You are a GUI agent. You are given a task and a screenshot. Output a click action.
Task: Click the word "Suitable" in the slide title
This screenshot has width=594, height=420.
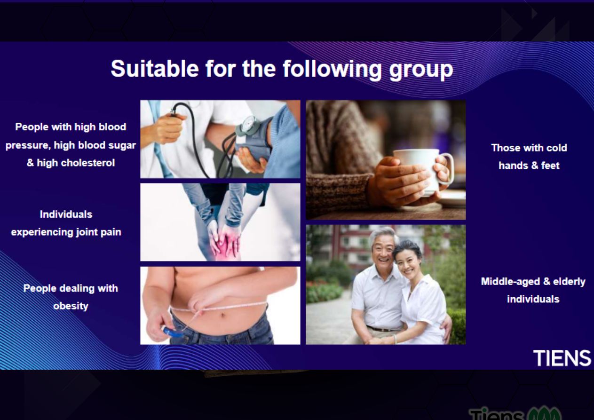pos(155,68)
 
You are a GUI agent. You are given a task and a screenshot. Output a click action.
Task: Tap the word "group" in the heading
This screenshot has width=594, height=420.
pos(421,70)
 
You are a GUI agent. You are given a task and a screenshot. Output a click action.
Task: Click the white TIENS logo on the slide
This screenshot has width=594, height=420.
pos(562,358)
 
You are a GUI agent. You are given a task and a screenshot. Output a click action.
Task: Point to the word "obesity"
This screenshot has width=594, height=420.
pos(71,306)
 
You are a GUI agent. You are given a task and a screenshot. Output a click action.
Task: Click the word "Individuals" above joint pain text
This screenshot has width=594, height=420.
pos(66,214)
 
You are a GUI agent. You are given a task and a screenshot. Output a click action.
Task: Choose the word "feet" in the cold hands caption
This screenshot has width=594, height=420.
pos(550,166)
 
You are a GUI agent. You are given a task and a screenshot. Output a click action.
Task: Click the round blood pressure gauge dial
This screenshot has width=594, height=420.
pos(249,124)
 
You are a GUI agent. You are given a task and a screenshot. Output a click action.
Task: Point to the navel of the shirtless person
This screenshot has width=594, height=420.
pos(223,315)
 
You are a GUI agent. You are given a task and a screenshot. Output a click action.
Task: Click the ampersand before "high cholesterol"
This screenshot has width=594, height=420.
pos(31,163)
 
